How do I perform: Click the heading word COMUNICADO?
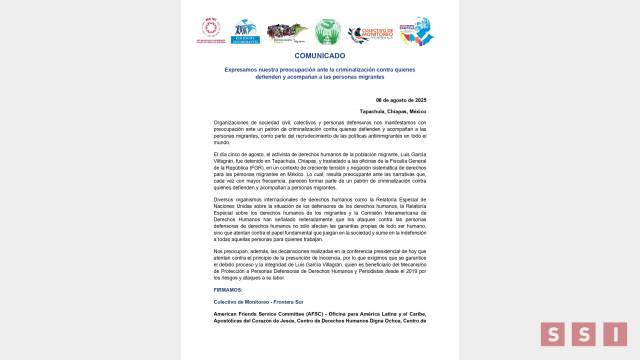pos(320,57)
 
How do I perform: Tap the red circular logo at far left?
pos(213,30)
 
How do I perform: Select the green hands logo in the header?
pos(328,31)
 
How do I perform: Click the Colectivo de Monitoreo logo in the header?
pos(370,31)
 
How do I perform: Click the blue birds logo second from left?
pos(244,32)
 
